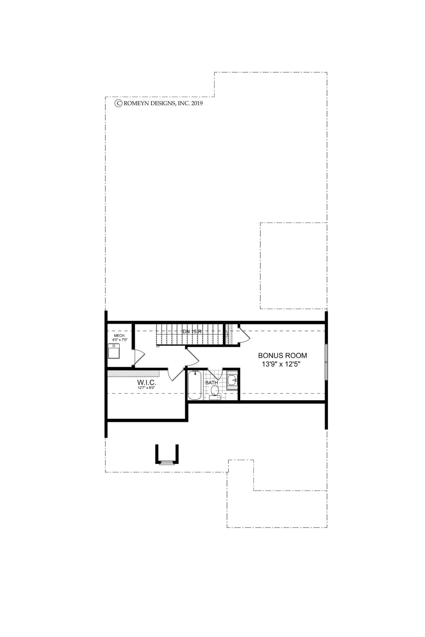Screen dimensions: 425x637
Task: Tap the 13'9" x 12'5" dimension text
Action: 282,364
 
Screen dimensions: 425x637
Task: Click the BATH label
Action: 211,383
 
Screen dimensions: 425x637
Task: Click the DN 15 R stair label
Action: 191,331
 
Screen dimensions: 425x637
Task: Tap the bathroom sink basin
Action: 232,380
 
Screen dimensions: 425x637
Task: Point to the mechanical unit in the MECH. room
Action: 114,351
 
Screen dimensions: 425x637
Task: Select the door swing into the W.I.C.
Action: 176,374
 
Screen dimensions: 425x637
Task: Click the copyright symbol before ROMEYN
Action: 118,103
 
